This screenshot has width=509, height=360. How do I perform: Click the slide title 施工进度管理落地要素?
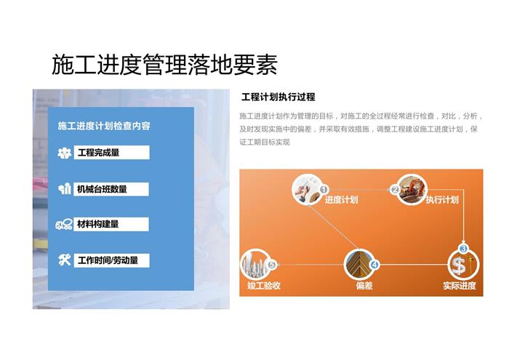[164, 65]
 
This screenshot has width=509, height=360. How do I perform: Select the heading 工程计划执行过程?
[278, 97]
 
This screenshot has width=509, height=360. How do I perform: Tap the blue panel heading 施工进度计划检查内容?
[104, 126]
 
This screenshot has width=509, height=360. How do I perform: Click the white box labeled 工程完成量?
[112, 152]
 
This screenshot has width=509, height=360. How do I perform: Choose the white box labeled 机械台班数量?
[111, 189]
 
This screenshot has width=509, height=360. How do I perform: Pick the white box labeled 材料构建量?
[111, 224]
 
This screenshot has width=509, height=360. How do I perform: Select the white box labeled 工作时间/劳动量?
[112, 260]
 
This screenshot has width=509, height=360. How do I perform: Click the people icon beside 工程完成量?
[65, 153]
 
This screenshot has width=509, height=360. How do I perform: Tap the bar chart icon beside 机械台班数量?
[65, 188]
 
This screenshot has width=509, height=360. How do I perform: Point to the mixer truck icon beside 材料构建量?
[64, 224]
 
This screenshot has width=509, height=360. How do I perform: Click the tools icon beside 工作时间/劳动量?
[65, 260]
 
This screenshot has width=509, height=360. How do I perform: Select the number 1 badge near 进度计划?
[324, 189]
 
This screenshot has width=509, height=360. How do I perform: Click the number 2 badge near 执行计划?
[395, 190]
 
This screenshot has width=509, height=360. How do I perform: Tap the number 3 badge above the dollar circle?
[463, 249]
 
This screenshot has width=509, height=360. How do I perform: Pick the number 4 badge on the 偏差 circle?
[374, 265]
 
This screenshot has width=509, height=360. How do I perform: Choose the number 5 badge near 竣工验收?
[272, 265]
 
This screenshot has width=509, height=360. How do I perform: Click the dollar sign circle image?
[463, 265]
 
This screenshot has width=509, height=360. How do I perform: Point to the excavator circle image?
[412, 190]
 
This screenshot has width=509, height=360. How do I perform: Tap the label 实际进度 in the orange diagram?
[460, 286]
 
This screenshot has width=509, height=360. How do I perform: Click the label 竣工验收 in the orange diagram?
[263, 286]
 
